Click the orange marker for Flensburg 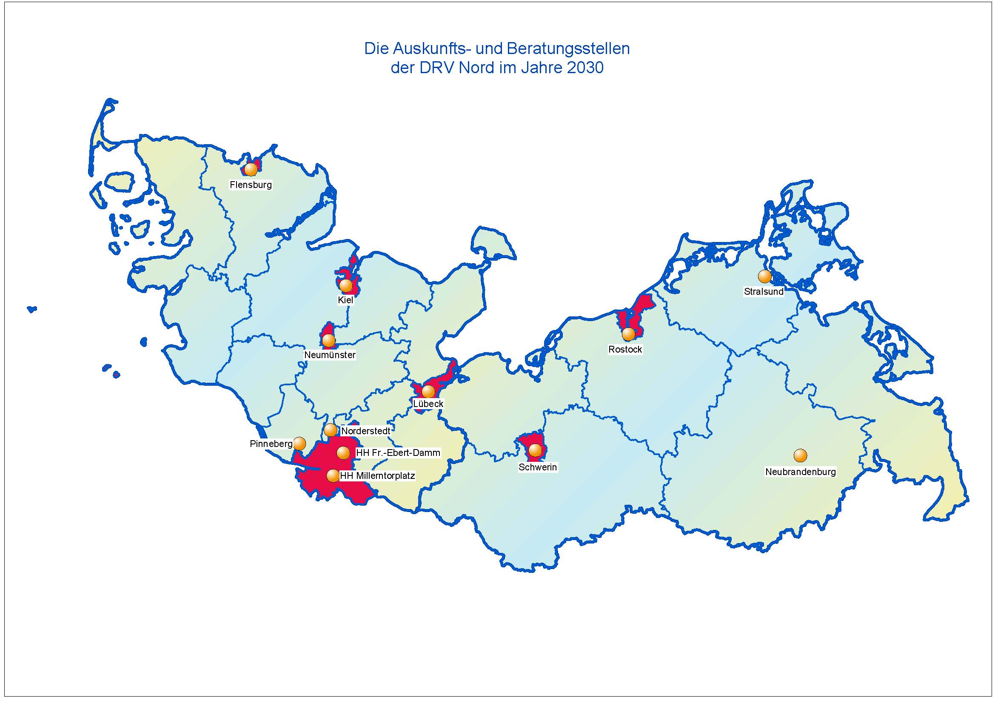(x=251, y=169)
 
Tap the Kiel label (x=345, y=300)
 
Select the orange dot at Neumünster (x=328, y=341)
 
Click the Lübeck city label (x=428, y=404)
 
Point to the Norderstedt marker (x=330, y=430)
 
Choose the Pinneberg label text (x=271, y=444)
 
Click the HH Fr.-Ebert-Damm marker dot (x=343, y=453)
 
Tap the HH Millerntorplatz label (x=377, y=476)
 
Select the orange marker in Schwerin (x=535, y=450)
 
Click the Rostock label (x=625, y=349)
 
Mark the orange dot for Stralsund (x=764, y=276)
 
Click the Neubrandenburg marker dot (x=800, y=455)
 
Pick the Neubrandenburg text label (x=800, y=472)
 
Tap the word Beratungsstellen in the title (x=568, y=48)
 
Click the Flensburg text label (x=251, y=185)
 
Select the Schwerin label (x=537, y=467)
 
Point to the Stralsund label (x=763, y=291)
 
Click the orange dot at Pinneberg (x=299, y=444)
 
